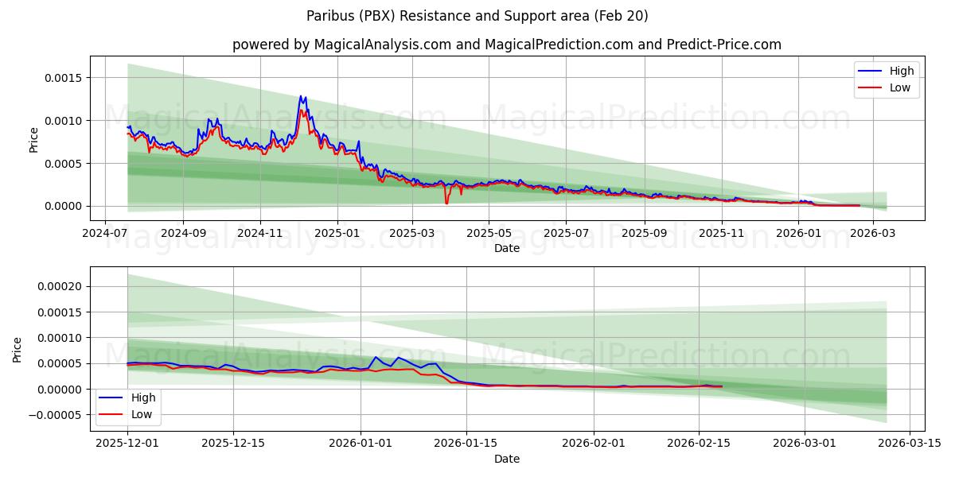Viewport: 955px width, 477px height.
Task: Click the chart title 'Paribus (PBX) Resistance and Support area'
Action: pos(477,16)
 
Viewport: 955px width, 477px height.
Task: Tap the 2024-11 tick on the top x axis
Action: pos(260,234)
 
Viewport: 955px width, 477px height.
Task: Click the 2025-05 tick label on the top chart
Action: pos(489,234)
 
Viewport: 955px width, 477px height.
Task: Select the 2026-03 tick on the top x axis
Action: pos(874,234)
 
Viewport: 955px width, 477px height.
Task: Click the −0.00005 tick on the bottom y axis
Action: pos(58,415)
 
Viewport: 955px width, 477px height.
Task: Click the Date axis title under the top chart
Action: pos(506,248)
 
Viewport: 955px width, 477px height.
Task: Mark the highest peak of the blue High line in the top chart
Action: pos(301,96)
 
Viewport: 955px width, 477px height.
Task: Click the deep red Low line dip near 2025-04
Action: pos(446,204)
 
